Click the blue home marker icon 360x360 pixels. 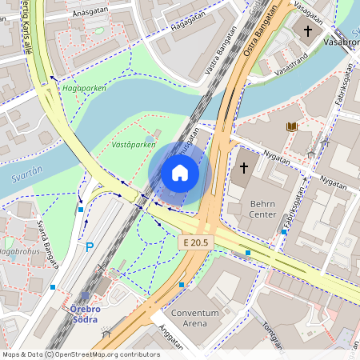coord(180,172)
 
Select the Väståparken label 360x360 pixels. coord(134,145)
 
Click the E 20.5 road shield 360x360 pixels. coord(194,242)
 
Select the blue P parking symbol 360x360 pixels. coord(90,248)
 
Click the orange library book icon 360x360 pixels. coord(291,127)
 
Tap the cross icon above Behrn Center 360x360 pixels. coord(245,168)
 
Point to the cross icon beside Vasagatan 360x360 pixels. coord(307,31)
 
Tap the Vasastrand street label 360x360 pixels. coord(291,70)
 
